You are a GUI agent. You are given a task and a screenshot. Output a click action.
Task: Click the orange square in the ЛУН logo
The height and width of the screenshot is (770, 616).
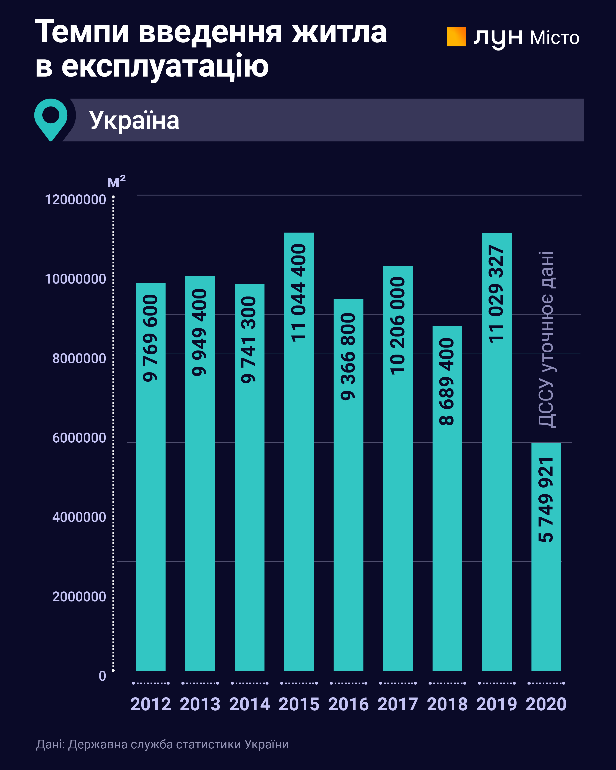coord(456,37)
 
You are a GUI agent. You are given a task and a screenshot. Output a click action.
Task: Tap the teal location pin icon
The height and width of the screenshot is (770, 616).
coord(51,119)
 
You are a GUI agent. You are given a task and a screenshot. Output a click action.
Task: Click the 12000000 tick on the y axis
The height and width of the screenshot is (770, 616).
coord(75,200)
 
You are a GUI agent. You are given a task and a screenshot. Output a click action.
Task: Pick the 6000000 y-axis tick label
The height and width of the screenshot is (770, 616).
coord(79,438)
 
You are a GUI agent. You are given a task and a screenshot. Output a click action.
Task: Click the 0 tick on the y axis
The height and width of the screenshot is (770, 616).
coord(102,676)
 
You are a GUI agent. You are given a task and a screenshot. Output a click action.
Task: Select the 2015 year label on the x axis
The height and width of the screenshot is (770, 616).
coord(299,704)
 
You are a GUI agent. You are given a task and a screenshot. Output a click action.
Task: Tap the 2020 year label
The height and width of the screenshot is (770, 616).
coord(546,704)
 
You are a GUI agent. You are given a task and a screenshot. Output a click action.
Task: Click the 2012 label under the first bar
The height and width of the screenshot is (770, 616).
coord(151,704)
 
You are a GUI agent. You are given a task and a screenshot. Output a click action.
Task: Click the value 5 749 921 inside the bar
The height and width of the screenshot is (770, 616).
coord(546,500)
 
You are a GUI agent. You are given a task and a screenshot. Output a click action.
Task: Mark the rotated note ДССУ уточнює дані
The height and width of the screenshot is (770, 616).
coord(546,339)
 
